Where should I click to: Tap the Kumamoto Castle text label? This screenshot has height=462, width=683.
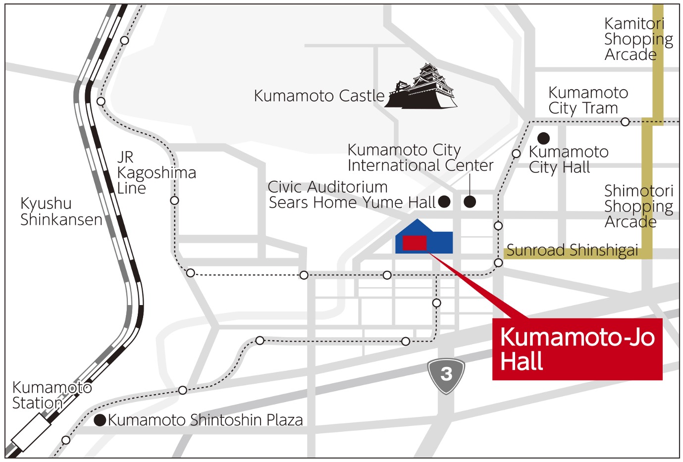[x=318, y=96]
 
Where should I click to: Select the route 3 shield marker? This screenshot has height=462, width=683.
[x=446, y=375]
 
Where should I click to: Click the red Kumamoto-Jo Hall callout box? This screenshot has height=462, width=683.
[x=577, y=349]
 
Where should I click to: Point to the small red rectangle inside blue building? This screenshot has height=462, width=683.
[x=415, y=243]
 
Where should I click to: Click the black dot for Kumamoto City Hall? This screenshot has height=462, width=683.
[x=543, y=138]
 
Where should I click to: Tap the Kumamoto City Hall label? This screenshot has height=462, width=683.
[x=568, y=159]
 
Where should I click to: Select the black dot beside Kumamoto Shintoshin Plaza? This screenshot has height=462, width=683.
[x=100, y=420]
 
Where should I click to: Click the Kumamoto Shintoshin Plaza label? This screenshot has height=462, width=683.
[x=205, y=420]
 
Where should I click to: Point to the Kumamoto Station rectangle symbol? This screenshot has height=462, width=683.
[x=31, y=431]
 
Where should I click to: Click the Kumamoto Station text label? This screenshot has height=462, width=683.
[x=52, y=395]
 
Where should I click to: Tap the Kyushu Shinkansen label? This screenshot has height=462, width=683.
[x=61, y=211]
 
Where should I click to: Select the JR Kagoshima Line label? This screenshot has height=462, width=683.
[x=156, y=173]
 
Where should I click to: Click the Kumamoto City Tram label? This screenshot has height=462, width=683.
[x=587, y=101]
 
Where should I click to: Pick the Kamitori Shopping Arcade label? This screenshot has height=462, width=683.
[x=638, y=39]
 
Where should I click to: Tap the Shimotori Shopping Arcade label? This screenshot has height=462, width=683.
[x=638, y=206]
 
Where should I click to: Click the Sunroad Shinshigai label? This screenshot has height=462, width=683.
[x=572, y=251]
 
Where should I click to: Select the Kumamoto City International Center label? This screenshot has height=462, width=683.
[x=420, y=157]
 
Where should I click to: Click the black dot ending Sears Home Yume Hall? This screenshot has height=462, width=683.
[x=444, y=202]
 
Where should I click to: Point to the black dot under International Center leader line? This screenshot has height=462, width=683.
[x=470, y=202]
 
